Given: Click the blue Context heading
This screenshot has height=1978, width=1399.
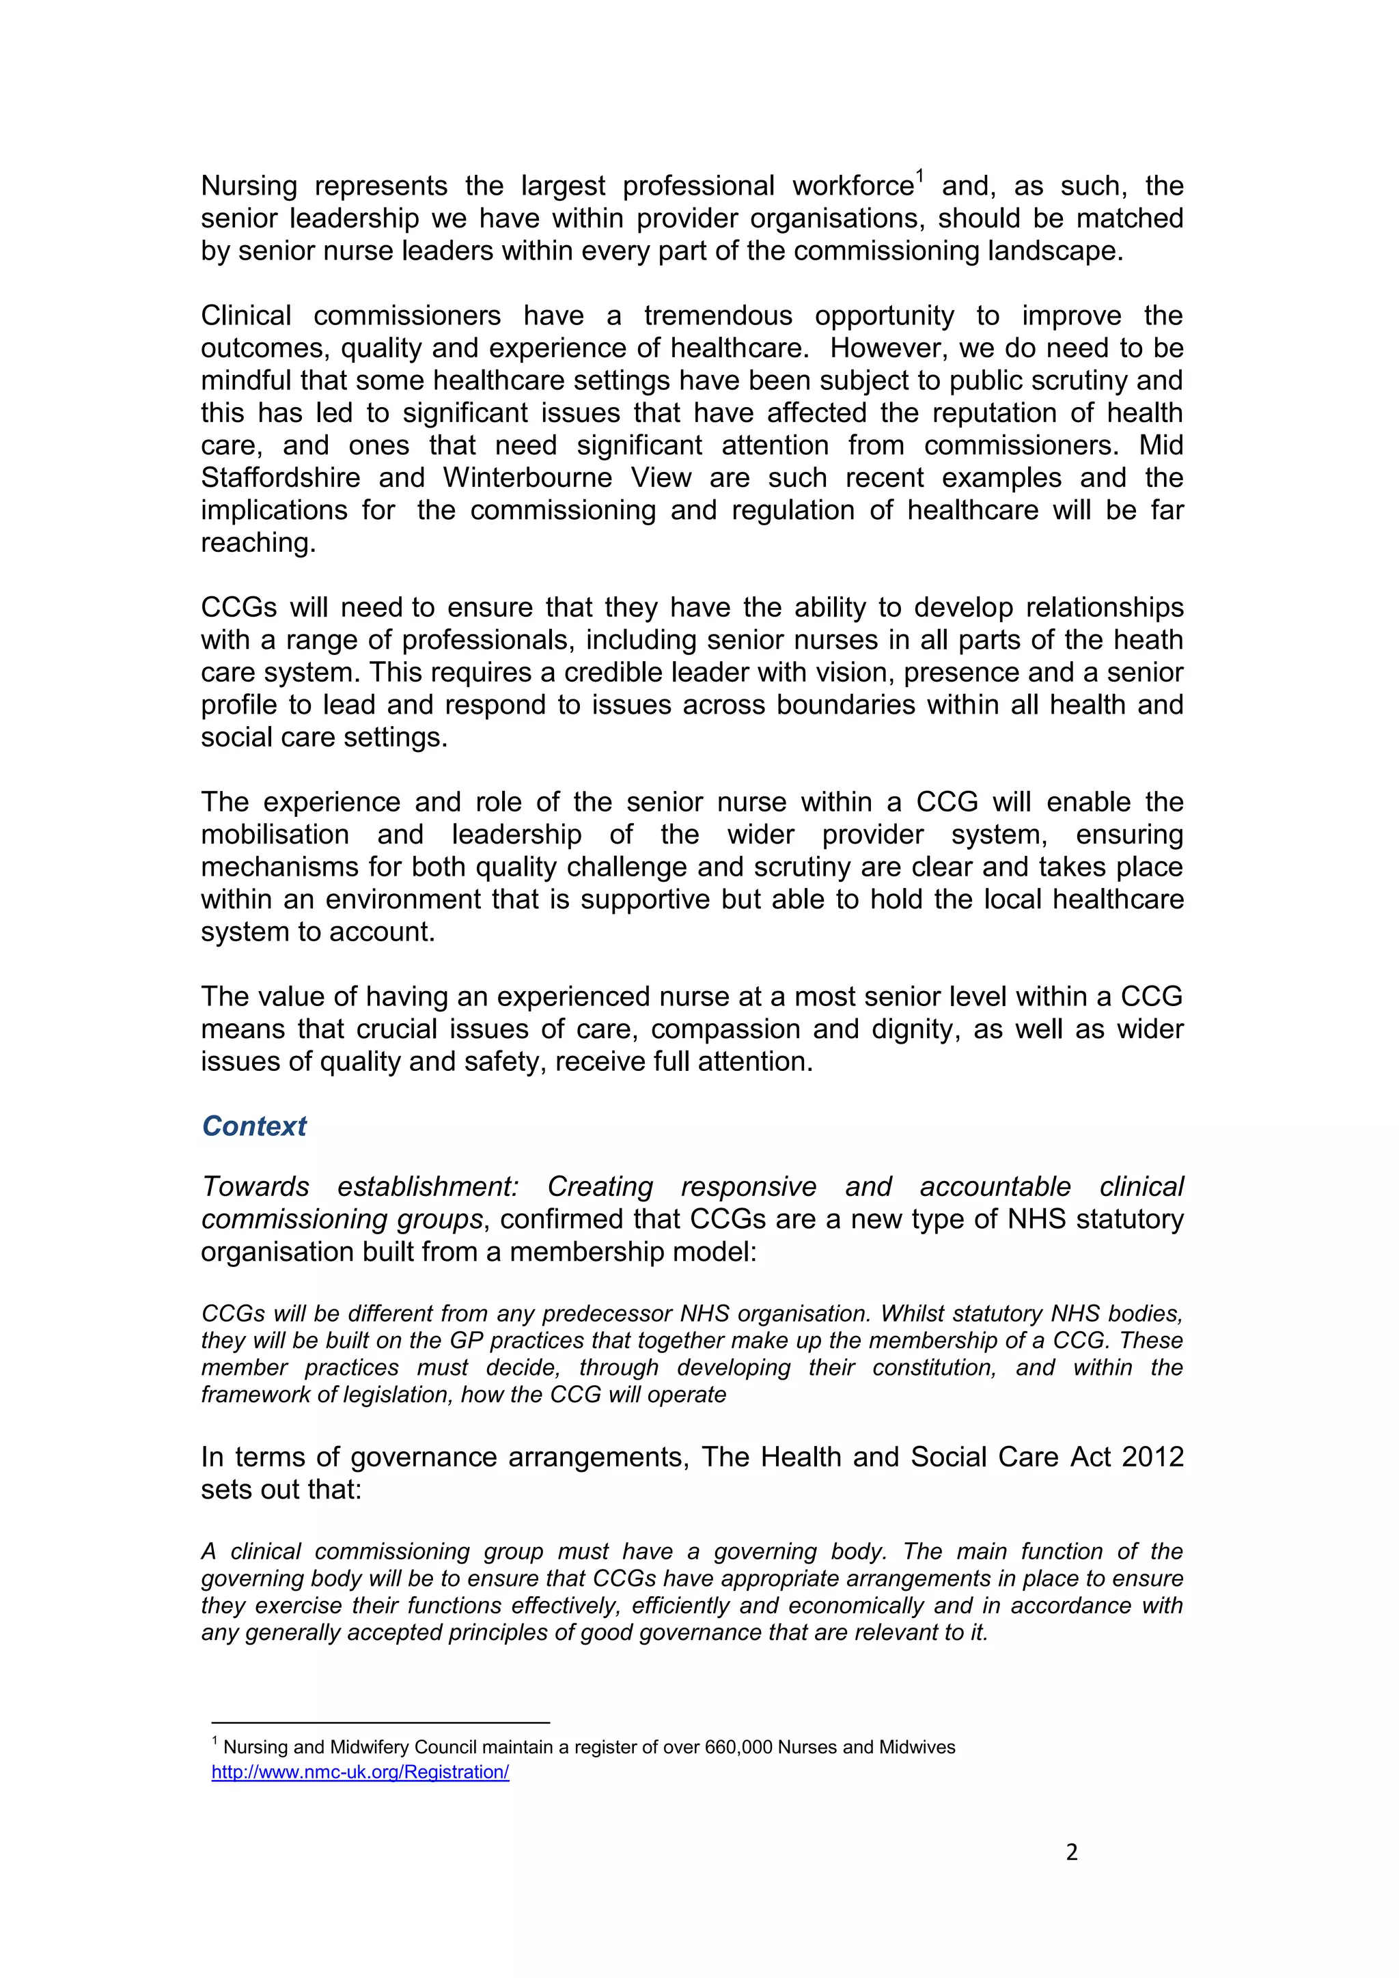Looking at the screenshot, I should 254,1126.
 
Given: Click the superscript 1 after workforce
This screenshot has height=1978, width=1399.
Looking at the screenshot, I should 919,178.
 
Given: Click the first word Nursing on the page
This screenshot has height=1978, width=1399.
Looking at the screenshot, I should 249,186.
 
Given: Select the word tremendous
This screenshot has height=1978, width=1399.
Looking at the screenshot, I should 717,316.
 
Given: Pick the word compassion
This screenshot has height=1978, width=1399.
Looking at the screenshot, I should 755,1029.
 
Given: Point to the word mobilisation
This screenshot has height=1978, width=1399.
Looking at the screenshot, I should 275,834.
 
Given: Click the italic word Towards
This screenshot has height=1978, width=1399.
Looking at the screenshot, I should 255,1186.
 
